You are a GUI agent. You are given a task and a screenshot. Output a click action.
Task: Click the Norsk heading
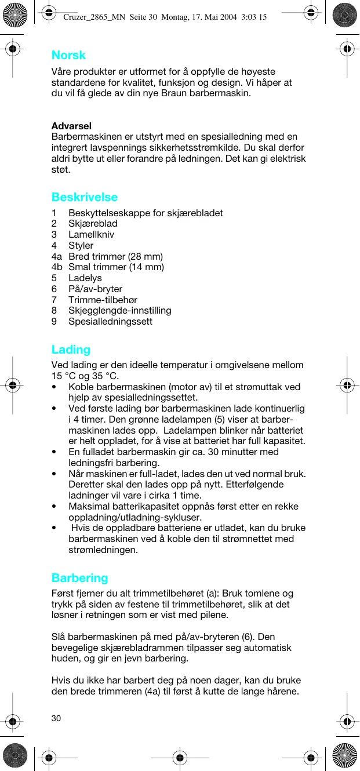pyautogui.click(x=68, y=55)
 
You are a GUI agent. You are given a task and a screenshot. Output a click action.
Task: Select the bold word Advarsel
pyautogui.click(x=71, y=126)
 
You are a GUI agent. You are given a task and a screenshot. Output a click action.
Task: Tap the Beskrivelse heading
pyautogui.click(x=85, y=197)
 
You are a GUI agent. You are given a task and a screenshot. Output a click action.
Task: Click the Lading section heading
pyautogui.click(x=71, y=350)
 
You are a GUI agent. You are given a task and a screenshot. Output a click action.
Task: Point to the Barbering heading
pyautogui.click(x=80, y=578)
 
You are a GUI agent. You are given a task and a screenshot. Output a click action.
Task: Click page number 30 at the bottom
pyautogui.click(x=56, y=718)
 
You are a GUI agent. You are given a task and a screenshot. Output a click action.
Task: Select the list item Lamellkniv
pyautogui.click(x=91, y=235)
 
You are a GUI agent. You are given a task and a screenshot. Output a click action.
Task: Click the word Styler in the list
pyautogui.click(x=81, y=246)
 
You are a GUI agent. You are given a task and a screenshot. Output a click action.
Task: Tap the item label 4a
pyautogui.click(x=56, y=256)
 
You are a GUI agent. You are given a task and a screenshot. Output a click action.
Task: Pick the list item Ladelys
pyautogui.click(x=85, y=278)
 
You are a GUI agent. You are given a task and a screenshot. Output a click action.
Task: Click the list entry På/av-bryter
pyautogui.click(x=95, y=289)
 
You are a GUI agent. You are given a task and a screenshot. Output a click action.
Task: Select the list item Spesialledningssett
pyautogui.click(x=110, y=321)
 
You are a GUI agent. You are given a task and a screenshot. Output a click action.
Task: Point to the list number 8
pyautogui.click(x=54, y=311)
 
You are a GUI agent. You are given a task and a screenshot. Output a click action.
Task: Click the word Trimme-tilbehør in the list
pyautogui.click(x=103, y=300)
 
